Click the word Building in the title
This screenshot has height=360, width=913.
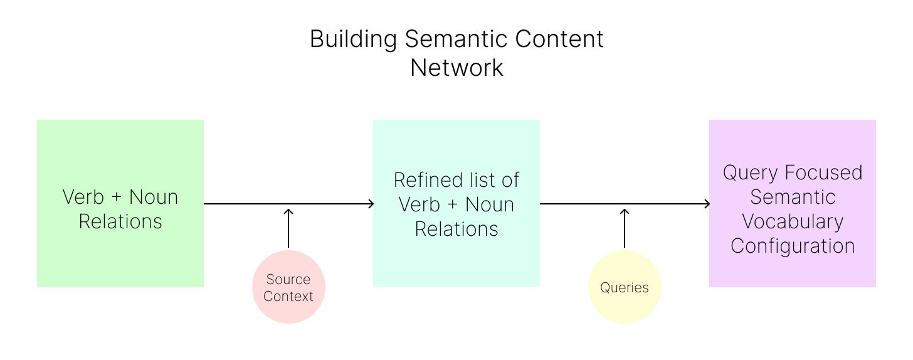point(354,40)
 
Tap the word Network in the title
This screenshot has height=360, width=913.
point(456,68)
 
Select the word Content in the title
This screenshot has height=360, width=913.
point(559,39)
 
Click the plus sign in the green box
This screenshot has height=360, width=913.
point(117,197)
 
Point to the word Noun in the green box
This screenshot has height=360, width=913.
point(154,197)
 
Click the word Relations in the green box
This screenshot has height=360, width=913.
point(120,222)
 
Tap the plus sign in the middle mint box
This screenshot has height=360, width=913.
point(453,204)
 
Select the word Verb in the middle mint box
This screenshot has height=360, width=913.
point(420,204)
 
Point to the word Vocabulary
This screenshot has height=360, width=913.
point(793,222)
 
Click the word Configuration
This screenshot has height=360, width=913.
point(793,246)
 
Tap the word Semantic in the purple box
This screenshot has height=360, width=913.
point(793,197)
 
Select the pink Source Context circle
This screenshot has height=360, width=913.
point(288,287)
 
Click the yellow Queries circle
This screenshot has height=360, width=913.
point(625,287)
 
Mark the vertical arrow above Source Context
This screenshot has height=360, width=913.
point(288,228)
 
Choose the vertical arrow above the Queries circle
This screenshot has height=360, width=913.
point(625,228)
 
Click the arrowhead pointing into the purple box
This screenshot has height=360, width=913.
point(707,204)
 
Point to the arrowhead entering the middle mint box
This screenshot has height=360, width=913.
point(371,204)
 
